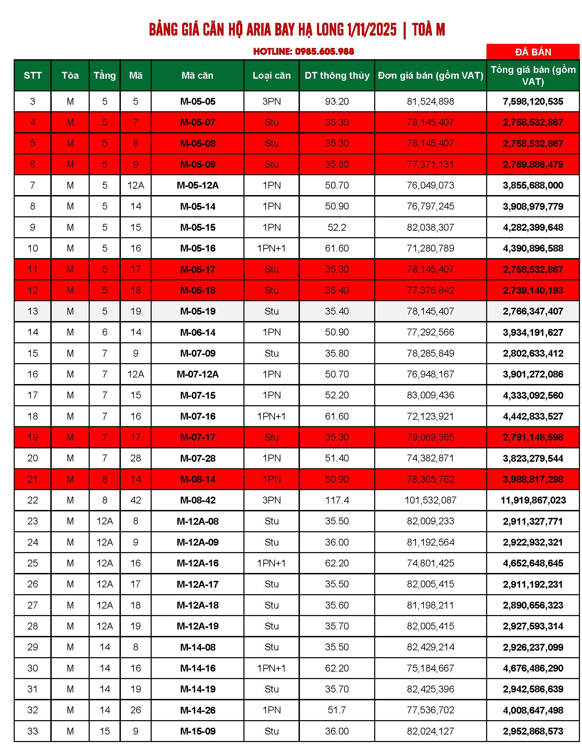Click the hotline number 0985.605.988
point(324,52)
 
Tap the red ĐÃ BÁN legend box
point(533,52)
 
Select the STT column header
point(33,76)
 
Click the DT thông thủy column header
point(337,76)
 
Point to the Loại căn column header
point(271,76)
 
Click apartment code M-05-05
point(198,101)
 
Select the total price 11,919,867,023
point(533,500)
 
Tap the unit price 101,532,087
point(430,500)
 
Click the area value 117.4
point(337,500)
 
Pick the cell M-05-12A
point(198,186)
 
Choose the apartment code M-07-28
point(198,458)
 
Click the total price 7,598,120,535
point(533,101)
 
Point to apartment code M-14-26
point(198,710)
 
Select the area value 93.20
point(337,101)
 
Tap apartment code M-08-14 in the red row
point(198,479)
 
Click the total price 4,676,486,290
point(533,668)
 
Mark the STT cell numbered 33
point(33,731)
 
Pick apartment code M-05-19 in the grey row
point(198,311)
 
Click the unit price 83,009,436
point(430,395)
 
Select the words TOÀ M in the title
point(428,30)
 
